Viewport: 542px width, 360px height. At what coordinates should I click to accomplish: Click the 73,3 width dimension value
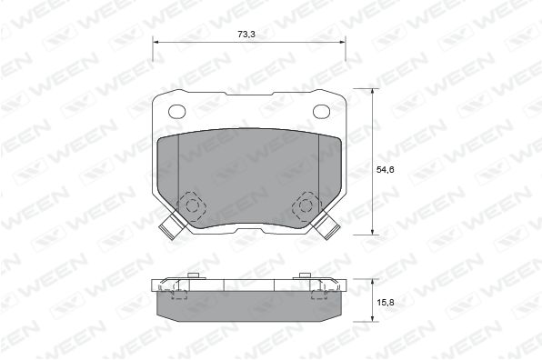(246, 35)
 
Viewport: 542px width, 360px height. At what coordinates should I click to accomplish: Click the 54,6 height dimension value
(385, 170)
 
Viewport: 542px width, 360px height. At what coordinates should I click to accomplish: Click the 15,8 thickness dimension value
(385, 303)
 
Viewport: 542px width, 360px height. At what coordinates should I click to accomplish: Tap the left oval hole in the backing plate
(177, 111)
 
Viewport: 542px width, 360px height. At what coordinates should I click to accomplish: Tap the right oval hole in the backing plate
(321, 111)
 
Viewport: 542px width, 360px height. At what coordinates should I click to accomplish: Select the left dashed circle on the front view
(192, 206)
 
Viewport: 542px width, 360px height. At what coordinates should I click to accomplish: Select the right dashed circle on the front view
(306, 206)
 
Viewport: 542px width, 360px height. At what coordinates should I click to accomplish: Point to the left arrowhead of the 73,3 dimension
(156, 42)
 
